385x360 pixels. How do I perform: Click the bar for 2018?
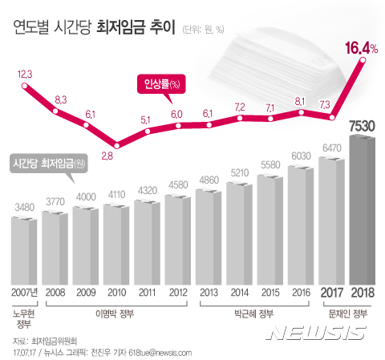(x=366, y=208)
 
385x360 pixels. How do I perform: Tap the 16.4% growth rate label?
(x=361, y=50)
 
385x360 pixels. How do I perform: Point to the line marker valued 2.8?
(x=118, y=146)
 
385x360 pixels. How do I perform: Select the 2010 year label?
(x=118, y=291)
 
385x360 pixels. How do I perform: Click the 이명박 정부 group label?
(x=118, y=313)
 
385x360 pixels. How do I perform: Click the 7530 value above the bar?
(x=366, y=127)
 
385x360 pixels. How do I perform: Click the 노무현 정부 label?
(x=26, y=318)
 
